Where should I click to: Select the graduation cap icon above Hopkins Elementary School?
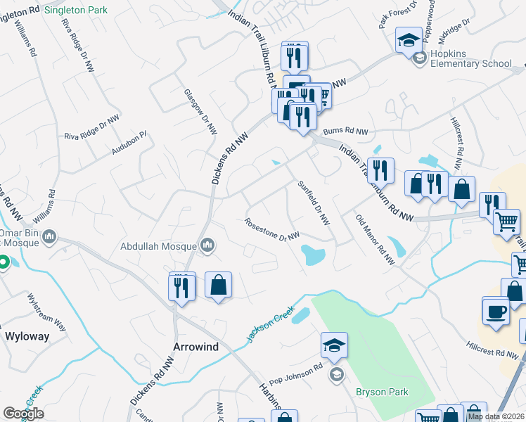(x=409, y=39)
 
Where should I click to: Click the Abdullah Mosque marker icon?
(x=207, y=245)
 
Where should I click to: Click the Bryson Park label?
(x=382, y=392)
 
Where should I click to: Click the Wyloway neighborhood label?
(x=27, y=336)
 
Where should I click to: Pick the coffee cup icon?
(x=496, y=310)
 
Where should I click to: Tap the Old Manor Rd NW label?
(x=375, y=240)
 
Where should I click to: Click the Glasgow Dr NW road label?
(x=200, y=112)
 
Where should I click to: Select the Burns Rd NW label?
(x=346, y=132)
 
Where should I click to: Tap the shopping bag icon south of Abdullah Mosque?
(x=219, y=285)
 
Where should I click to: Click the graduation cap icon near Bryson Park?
(x=335, y=345)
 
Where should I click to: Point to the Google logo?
(x=23, y=413)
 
